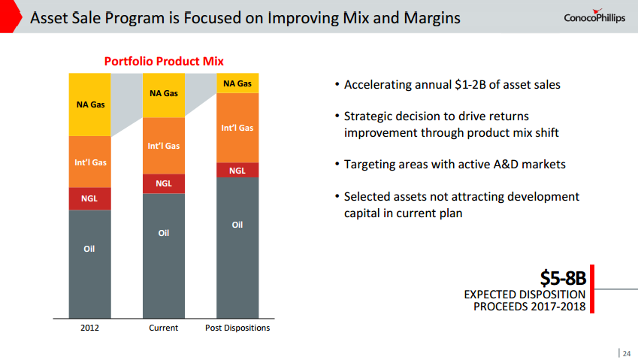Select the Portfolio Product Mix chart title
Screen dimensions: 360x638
[x=163, y=61]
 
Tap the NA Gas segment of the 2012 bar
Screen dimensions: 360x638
[x=89, y=104]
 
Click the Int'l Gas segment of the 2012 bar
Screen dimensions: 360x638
[x=89, y=162]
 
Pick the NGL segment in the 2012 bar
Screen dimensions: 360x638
[x=89, y=198]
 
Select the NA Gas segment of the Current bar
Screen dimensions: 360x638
[x=163, y=95]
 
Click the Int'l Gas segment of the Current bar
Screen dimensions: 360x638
[x=163, y=146]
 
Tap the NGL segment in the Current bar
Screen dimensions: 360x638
[x=163, y=183]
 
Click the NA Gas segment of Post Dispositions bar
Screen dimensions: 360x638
[x=237, y=83]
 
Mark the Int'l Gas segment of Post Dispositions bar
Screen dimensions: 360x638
[x=237, y=128]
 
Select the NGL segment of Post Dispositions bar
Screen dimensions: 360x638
[x=237, y=170]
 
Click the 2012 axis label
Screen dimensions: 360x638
[x=89, y=328]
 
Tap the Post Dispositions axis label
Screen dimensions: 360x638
[x=237, y=328]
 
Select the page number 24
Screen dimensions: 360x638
[x=626, y=351]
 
